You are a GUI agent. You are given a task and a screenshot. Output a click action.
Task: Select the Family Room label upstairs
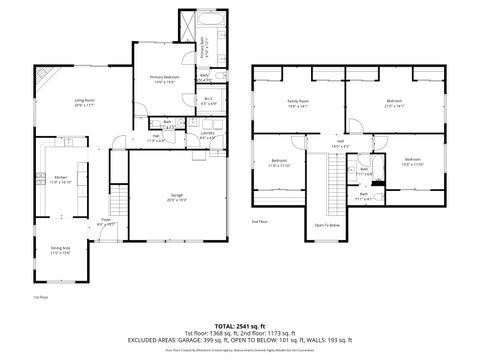(x=298, y=102)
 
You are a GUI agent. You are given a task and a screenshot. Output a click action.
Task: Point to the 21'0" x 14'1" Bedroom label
(x=394, y=102)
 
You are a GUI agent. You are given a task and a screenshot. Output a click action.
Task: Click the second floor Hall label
(x=340, y=144)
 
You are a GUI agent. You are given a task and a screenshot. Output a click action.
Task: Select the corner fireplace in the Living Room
(x=43, y=77)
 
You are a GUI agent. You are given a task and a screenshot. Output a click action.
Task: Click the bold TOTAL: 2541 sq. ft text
(x=240, y=324)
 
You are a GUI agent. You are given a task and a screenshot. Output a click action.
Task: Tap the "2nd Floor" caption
(x=259, y=220)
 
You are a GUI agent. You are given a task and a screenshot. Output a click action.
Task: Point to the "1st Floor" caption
(x=41, y=297)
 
